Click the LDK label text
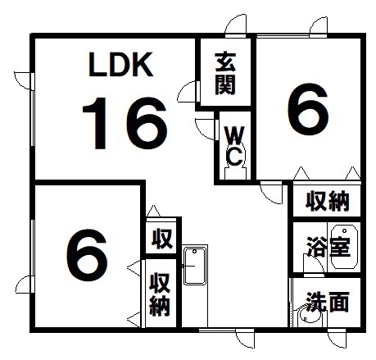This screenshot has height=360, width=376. pos(120,65)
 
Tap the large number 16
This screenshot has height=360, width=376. pos(125,123)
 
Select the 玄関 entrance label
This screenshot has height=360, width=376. pos(225,74)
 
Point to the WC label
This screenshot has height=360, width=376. pos(234,146)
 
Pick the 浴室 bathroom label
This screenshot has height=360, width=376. pos(328,247)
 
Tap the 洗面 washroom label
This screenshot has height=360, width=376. pos(328,302)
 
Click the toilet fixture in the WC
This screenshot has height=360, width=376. pos(235,162)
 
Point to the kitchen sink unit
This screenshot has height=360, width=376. pos(195,265)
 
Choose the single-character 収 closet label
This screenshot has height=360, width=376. pos(162,239)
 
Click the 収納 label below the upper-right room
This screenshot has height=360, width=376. pos(328,201)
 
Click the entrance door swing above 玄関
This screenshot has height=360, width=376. pos(235,25)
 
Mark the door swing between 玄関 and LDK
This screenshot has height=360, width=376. pos(188,92)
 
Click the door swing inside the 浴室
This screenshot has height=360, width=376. pos(314,264)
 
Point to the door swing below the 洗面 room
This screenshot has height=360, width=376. pos(337,338)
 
